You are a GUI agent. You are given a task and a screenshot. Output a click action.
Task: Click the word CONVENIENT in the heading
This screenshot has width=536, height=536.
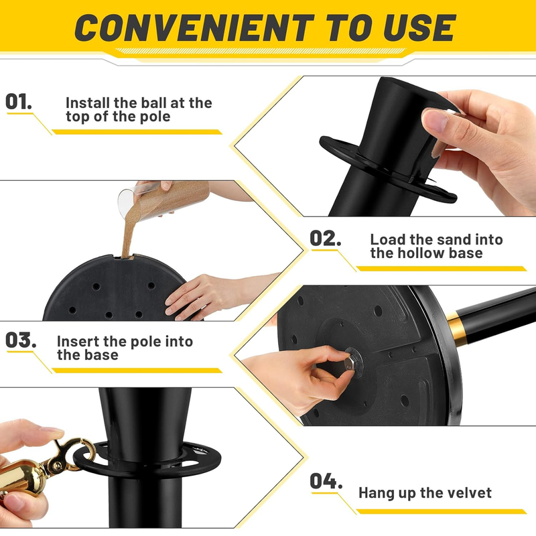tap(194, 28)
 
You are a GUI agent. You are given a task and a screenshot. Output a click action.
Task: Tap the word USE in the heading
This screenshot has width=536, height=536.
tap(419, 28)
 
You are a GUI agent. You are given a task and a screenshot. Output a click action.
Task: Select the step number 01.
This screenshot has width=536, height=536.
tap(19, 102)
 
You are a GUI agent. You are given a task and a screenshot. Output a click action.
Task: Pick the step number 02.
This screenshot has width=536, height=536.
tap(325, 238)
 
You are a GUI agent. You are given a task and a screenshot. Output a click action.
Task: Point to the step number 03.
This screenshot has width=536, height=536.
tap(21, 340)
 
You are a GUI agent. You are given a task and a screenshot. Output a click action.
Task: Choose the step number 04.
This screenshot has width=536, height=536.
tap(326, 481)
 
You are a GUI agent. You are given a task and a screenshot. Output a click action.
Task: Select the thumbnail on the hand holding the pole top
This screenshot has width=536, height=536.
tap(435, 121)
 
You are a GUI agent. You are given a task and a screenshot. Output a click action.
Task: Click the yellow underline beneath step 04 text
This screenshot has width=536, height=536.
tap(441, 511)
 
